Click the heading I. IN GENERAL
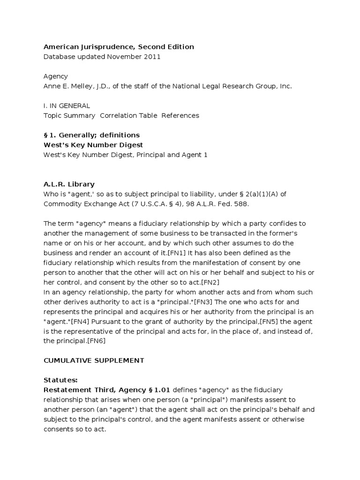(x=67, y=105)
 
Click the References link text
(x=180, y=115)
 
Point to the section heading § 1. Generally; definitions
(x=91, y=135)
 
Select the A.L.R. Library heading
(x=69, y=184)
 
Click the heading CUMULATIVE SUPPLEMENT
(x=94, y=360)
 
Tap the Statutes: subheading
(x=60, y=380)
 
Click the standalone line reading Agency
(x=56, y=76)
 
